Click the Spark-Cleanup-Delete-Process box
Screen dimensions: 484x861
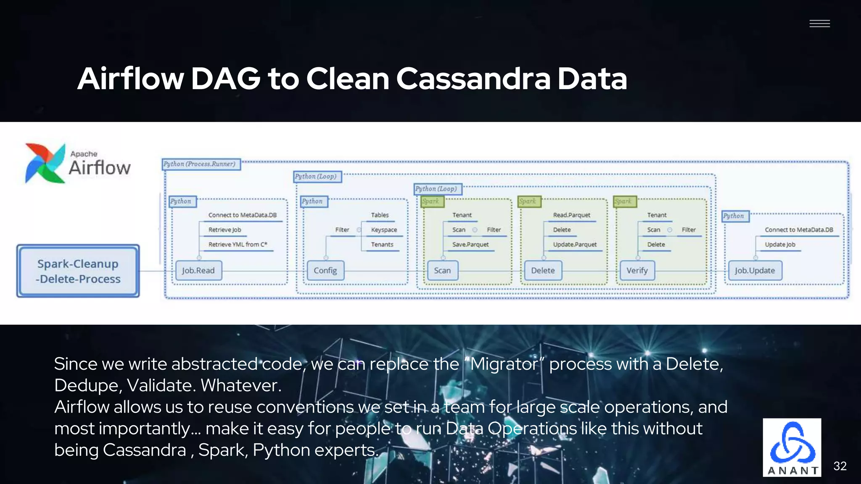[x=78, y=271]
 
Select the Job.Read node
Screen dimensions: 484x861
[x=198, y=271]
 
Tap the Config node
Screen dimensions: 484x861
[x=325, y=271]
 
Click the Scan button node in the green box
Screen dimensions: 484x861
[x=442, y=271]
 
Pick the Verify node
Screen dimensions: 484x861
[x=637, y=271]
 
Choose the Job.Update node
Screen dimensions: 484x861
[x=755, y=271]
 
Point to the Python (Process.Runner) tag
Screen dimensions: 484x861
[x=201, y=164]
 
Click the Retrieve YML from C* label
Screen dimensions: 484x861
[x=238, y=245]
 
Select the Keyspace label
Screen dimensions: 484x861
[x=384, y=230]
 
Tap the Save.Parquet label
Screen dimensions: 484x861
[x=470, y=245]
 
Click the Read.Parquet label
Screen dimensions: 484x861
[x=571, y=215]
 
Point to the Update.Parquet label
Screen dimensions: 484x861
[x=575, y=245]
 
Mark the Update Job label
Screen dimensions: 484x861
[x=780, y=245]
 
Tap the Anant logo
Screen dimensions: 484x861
[x=792, y=447]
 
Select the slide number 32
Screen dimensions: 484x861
[x=840, y=466]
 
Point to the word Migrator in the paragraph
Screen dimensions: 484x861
[x=504, y=364]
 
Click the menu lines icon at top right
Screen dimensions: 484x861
[x=819, y=24]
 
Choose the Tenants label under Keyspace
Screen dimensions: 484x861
[x=382, y=245]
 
